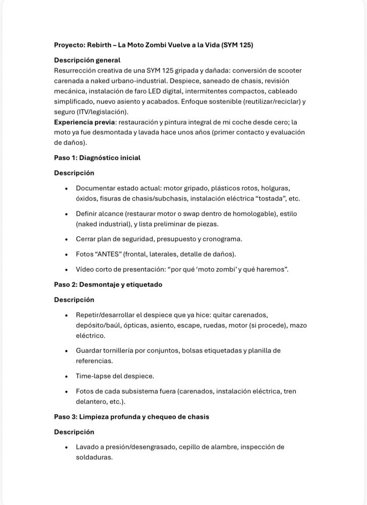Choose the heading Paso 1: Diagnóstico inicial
tap(97, 158)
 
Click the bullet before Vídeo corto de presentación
tap(67, 269)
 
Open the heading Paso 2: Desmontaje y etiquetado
tap(108, 284)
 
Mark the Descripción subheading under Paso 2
tap(74, 299)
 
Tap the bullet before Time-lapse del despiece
tap(67, 376)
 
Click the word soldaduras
tap(94, 457)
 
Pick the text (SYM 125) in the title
tap(235, 45)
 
